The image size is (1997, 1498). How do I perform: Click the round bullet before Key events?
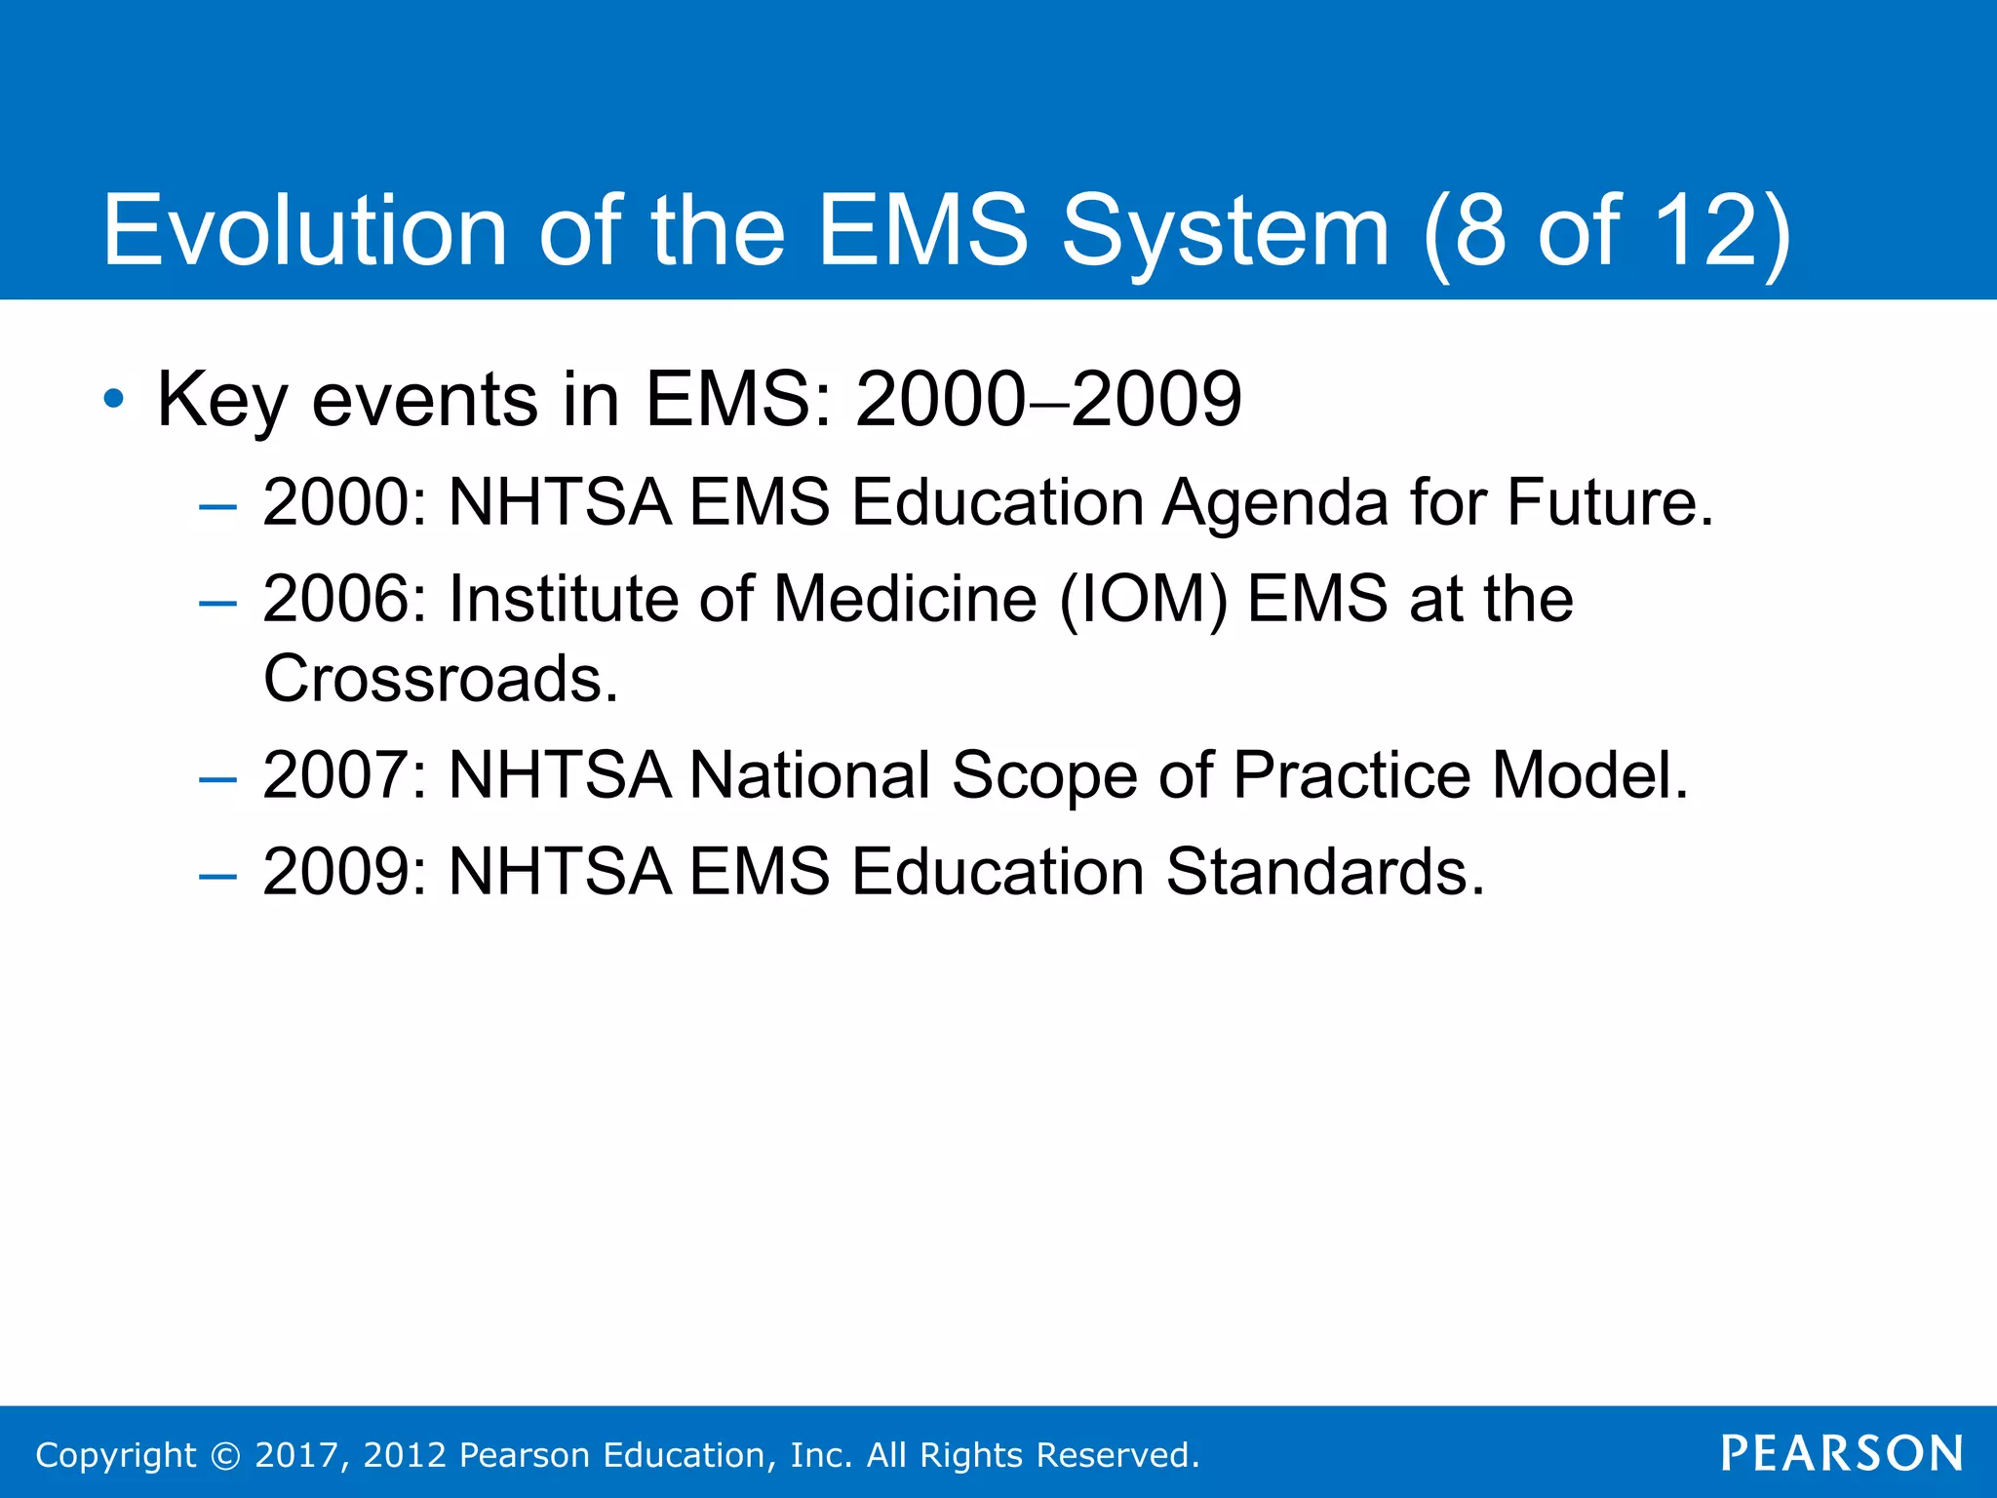click(114, 399)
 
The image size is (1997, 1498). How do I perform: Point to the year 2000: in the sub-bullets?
click(345, 502)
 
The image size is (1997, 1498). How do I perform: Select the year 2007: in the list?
click(345, 775)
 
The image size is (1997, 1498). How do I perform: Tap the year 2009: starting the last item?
click(345, 871)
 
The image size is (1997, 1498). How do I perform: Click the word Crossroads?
click(441, 679)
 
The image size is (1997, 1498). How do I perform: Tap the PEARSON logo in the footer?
click(1842, 1453)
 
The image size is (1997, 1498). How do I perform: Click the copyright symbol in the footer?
click(225, 1455)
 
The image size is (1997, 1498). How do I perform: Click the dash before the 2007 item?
click(216, 779)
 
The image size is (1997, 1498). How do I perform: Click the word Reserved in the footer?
click(1116, 1455)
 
